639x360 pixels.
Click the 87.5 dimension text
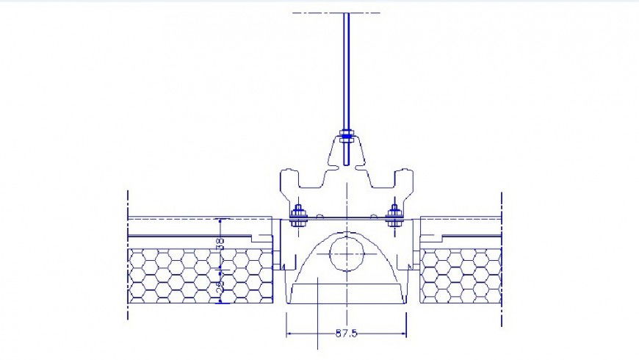(x=346, y=334)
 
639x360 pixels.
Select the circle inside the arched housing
(x=346, y=254)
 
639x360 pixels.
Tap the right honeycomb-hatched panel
(x=460, y=276)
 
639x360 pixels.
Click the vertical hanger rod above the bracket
(x=346, y=73)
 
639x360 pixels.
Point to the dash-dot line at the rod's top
(x=336, y=13)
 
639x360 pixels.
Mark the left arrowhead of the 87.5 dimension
(x=289, y=334)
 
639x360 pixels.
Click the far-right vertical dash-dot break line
(x=501, y=257)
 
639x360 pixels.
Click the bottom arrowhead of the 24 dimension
(x=220, y=300)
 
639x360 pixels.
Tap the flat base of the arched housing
(x=346, y=303)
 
